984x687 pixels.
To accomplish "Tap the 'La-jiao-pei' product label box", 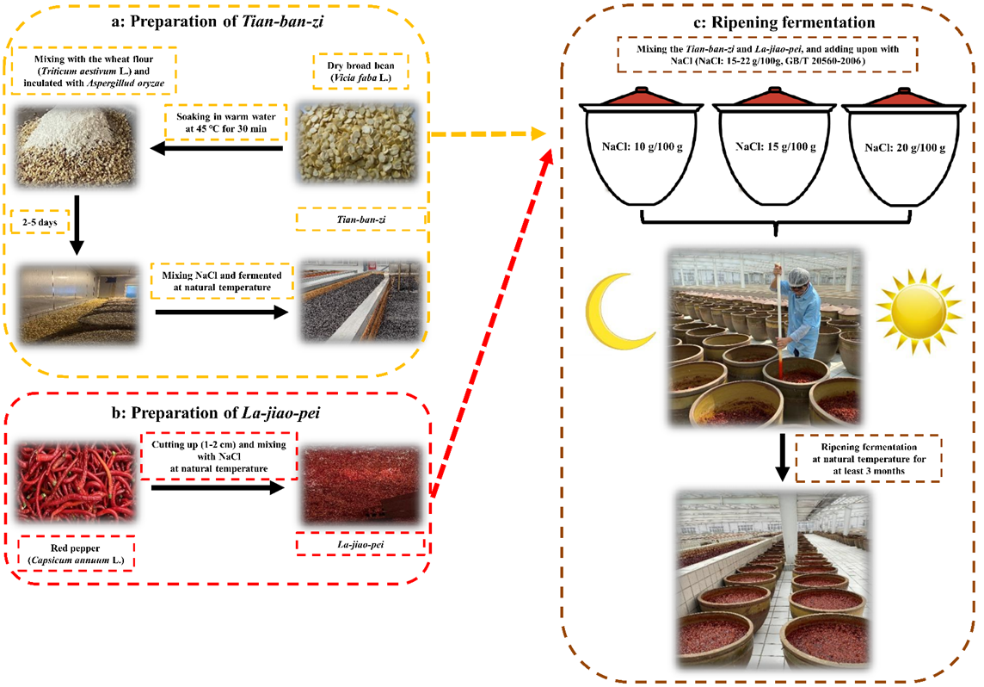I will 361,545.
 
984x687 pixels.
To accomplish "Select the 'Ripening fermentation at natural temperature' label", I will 867,455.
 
